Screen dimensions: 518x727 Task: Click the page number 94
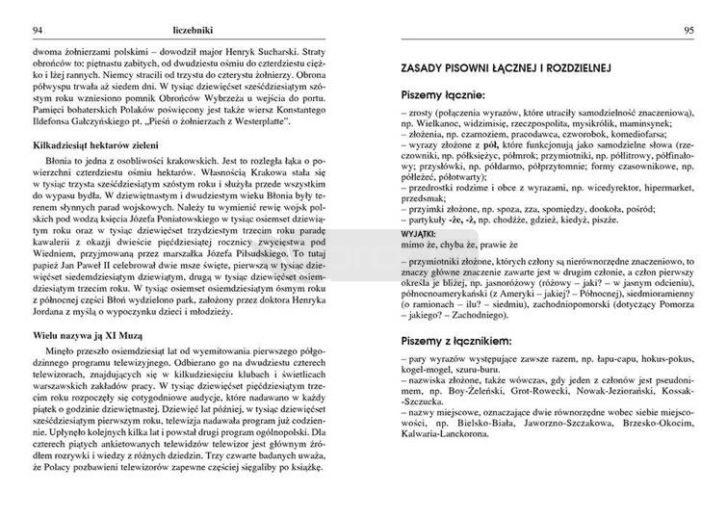(x=13, y=30)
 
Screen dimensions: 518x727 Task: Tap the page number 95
(x=689, y=30)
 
